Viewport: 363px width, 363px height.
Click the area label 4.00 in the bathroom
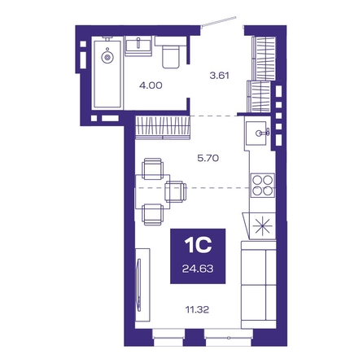(x=151, y=85)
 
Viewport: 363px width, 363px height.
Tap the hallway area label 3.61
(x=220, y=75)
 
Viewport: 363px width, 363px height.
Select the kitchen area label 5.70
(x=208, y=158)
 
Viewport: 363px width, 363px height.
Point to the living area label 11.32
(x=197, y=309)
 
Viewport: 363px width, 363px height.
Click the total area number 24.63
(x=198, y=269)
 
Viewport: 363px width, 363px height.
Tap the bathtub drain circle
(x=107, y=57)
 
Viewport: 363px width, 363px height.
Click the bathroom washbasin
(x=138, y=46)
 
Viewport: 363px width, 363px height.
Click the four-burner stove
(x=262, y=186)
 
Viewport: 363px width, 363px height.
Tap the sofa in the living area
(x=259, y=285)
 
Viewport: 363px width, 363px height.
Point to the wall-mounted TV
(x=139, y=284)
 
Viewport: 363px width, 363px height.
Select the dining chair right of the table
(x=176, y=192)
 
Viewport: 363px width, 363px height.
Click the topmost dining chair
(x=153, y=168)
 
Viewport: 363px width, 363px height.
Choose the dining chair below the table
(x=153, y=215)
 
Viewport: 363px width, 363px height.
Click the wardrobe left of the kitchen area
(x=163, y=127)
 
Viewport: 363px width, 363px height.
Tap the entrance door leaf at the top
(x=219, y=21)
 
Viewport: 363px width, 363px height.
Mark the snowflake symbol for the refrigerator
(x=262, y=226)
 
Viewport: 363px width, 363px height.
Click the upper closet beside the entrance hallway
(x=264, y=59)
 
